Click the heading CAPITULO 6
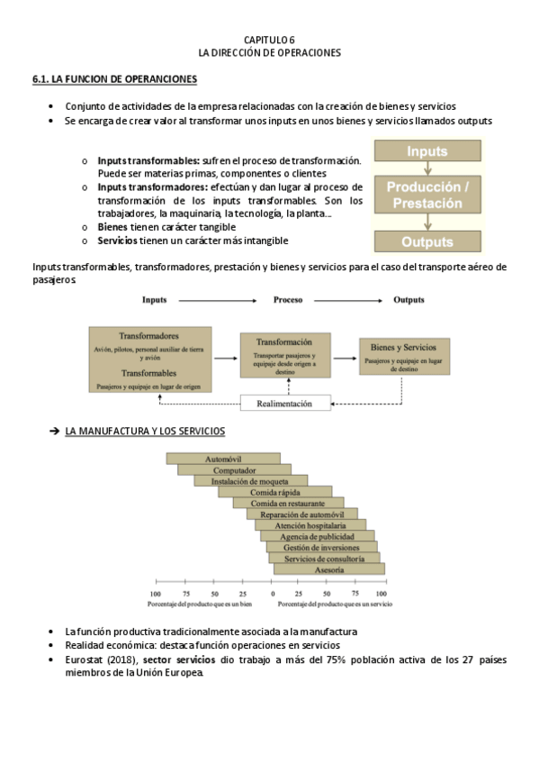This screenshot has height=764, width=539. click(x=269, y=41)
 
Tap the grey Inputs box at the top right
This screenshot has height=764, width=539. click(x=427, y=151)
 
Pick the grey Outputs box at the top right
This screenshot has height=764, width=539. click(x=427, y=241)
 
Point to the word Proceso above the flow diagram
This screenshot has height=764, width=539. click(x=288, y=299)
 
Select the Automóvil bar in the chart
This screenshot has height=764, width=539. click(x=223, y=459)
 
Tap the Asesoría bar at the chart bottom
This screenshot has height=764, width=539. click(x=328, y=569)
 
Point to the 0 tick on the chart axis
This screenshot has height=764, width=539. click(x=273, y=595)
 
